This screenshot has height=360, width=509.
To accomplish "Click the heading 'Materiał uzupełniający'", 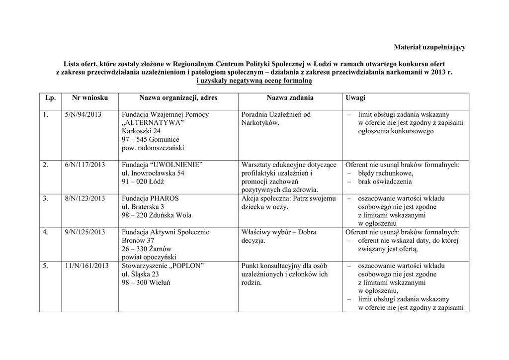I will click(x=429, y=47).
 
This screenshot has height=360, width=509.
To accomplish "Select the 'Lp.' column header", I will click(x=50, y=98).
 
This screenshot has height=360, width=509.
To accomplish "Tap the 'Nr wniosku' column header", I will click(x=86, y=98).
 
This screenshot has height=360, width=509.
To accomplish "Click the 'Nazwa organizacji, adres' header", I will click(x=177, y=98).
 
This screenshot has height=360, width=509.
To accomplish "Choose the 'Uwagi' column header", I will click(x=355, y=98).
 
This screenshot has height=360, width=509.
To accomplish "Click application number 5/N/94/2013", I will click(x=83, y=114).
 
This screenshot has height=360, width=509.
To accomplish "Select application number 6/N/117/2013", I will click(x=85, y=165).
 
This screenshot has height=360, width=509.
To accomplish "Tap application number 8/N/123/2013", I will click(x=85, y=198).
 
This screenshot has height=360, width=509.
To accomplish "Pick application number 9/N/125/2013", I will click(x=85, y=232).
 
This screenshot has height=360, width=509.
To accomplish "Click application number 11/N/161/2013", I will click(x=86, y=266).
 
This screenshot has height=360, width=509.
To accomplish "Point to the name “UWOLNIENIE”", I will click(x=176, y=165).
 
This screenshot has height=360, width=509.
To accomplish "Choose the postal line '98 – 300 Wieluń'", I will click(x=146, y=282).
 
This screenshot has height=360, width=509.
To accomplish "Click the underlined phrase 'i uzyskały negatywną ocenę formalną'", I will click(x=254, y=81).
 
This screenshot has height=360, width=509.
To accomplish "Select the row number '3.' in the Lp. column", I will click(x=45, y=198).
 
